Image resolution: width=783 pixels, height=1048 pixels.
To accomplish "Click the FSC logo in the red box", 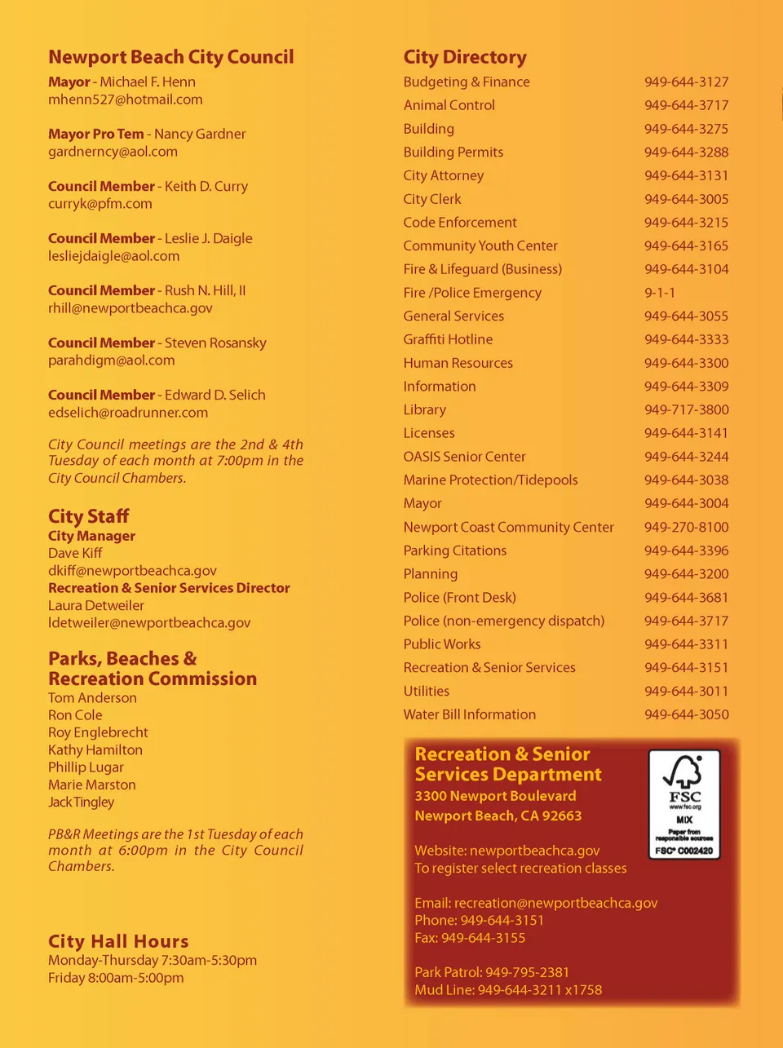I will tap(684, 803).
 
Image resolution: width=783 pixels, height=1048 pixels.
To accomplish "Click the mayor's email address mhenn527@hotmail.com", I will tap(125, 99).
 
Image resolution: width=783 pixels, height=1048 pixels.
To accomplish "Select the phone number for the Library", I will tap(686, 409).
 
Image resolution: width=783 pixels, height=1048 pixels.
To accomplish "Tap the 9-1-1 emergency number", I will tap(659, 293).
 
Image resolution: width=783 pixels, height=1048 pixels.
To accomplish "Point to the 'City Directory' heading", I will tap(465, 57).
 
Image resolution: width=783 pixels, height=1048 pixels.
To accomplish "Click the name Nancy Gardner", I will tap(200, 134).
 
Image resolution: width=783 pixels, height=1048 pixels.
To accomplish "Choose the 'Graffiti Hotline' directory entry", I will tap(448, 339).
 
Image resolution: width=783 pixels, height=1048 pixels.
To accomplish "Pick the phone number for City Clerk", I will tap(686, 199).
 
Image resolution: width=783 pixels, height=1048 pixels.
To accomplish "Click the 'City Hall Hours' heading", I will tap(118, 941).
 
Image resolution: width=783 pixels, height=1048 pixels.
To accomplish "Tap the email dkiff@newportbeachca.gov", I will tap(132, 571).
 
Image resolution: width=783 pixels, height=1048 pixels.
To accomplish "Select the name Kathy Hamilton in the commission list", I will tap(95, 750).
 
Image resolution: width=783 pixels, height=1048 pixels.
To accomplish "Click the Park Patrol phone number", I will tap(527, 972).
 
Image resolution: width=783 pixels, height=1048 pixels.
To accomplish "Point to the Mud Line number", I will tap(539, 990).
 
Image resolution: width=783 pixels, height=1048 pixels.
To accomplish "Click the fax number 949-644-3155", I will tap(483, 938).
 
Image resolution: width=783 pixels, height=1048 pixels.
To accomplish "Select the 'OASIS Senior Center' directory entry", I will tap(464, 457).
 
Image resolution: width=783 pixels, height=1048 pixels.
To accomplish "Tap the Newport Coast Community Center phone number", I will tap(686, 527).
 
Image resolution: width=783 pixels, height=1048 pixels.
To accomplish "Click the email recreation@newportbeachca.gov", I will tap(555, 903).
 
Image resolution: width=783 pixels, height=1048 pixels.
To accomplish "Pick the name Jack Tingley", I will tap(81, 802).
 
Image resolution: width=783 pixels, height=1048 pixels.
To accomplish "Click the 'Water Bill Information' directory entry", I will tap(469, 714).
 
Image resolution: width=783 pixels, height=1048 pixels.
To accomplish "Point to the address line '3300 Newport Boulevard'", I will tap(495, 796).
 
